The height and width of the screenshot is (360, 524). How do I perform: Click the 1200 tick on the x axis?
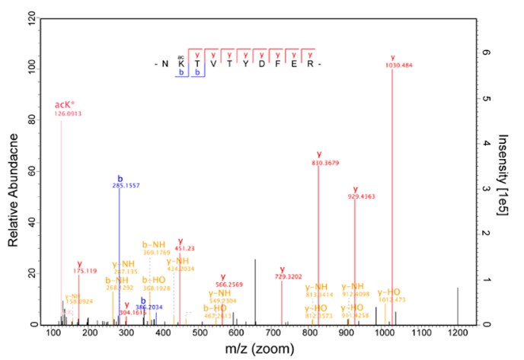[x=458, y=333]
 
